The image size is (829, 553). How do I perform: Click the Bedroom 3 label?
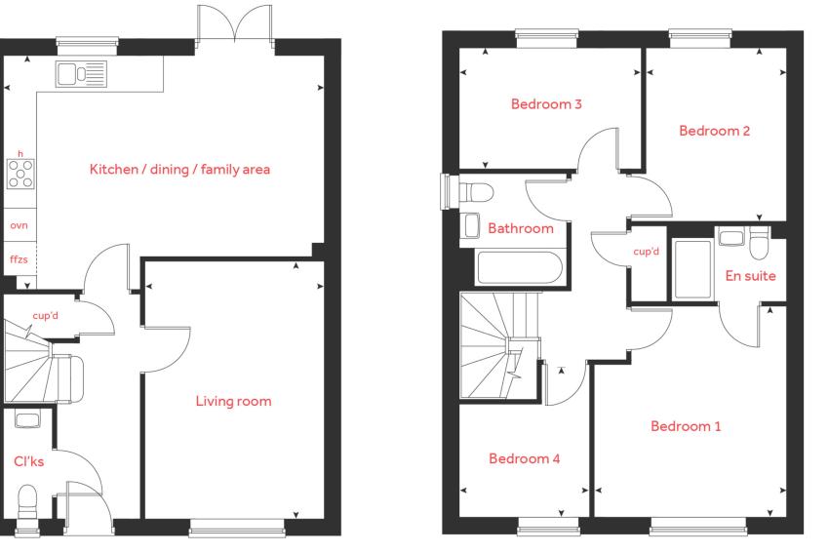[546, 104]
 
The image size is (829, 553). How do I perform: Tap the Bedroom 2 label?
[714, 131]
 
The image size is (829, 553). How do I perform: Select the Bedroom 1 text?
[686, 426]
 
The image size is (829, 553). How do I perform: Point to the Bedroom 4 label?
[524, 458]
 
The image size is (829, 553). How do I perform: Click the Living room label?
[233, 401]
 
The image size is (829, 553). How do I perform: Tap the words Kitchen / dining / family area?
[179, 169]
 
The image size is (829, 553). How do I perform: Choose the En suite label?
[750, 276]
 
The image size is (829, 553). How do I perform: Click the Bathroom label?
[520, 228]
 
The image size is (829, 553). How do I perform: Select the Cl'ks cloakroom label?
[28, 461]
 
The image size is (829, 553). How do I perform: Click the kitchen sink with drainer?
[81, 74]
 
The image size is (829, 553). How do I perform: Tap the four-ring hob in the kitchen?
[20, 174]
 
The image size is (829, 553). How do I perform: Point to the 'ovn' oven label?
[19, 225]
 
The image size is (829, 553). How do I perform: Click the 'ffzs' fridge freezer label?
[19, 259]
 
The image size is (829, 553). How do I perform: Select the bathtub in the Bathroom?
[519, 267]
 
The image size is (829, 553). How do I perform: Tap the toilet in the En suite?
[759, 243]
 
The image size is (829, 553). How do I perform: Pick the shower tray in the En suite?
[692, 269]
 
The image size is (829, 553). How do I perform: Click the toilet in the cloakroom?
[27, 503]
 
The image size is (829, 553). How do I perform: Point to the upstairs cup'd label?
[646, 252]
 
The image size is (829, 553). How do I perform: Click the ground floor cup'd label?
[46, 316]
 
